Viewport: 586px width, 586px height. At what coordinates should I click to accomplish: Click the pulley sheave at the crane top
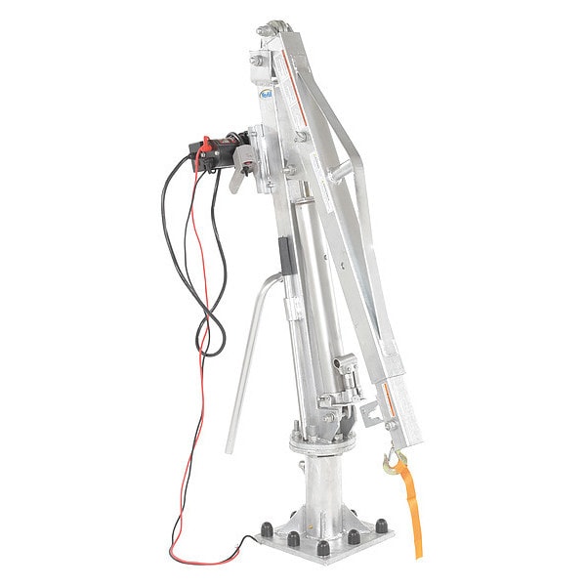(x=275, y=33)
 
